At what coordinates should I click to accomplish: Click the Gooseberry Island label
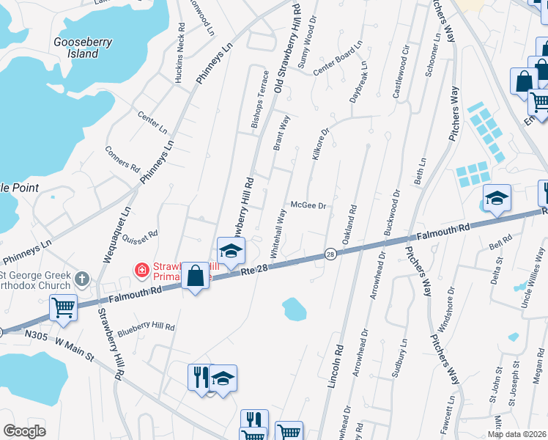click(x=83, y=48)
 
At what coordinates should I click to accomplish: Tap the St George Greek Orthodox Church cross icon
click(x=82, y=279)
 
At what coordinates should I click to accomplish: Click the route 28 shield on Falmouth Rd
click(x=331, y=254)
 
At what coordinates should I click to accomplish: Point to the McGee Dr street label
click(x=308, y=206)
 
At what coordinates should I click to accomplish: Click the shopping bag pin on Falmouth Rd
click(x=196, y=276)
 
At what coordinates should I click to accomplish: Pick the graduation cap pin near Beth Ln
click(x=497, y=198)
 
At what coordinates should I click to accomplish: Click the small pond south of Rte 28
click(x=293, y=308)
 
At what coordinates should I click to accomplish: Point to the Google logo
click(x=23, y=431)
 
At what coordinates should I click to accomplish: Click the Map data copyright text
click(x=516, y=434)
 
